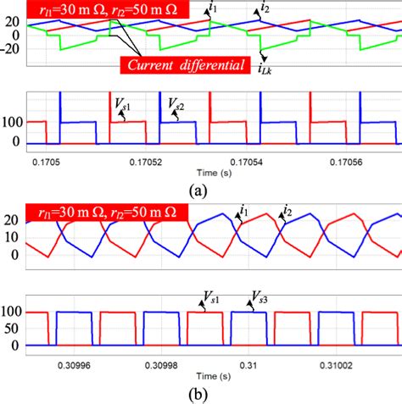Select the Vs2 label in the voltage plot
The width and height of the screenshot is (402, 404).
click(176, 106)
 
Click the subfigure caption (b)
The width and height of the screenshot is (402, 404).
click(201, 395)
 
